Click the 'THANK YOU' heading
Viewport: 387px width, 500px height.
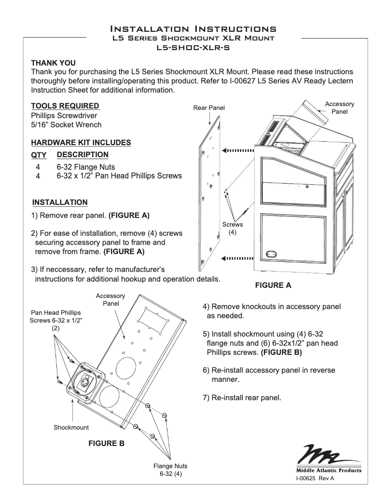point(53,63)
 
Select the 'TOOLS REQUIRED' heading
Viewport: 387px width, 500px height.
point(65,106)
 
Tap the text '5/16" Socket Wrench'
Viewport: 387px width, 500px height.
point(66,125)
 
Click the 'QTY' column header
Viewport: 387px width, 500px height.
point(39,155)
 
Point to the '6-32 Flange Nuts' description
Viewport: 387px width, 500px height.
point(86,167)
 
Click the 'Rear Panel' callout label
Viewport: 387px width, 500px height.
point(209,108)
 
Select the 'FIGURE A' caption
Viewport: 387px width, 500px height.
point(273,285)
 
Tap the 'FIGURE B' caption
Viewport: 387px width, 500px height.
point(106,443)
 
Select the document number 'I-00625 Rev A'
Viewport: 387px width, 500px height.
point(315,478)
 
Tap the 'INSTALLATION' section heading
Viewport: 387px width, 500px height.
point(60,202)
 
